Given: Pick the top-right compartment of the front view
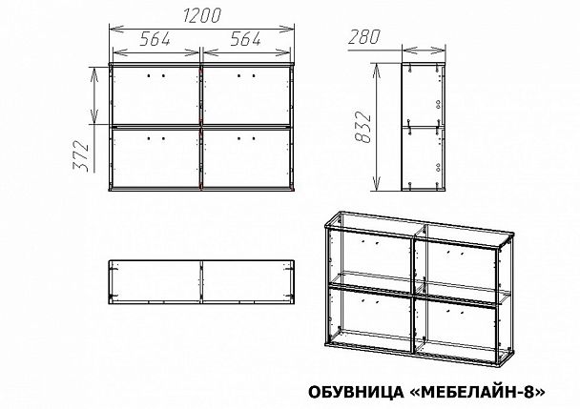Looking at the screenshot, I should (x=246, y=95).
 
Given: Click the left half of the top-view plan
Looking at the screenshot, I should (x=156, y=282).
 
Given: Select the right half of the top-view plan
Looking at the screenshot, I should (x=246, y=282).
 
